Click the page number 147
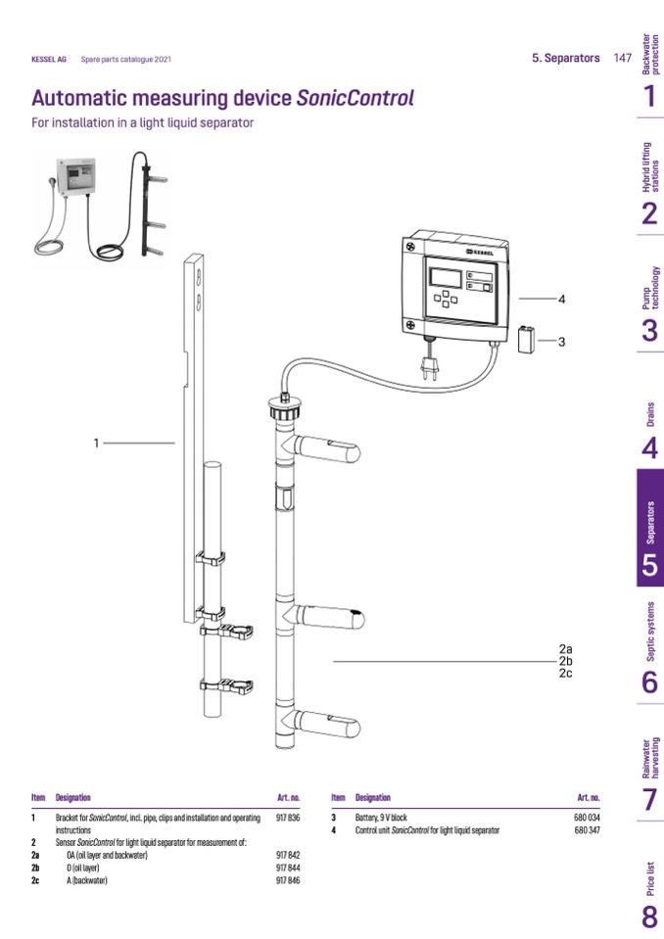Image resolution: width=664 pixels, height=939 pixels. coord(622,58)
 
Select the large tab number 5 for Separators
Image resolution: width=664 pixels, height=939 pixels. coord(650,565)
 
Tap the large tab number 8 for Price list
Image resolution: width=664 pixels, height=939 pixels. coord(650,917)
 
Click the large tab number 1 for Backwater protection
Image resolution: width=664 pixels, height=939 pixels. coord(649,96)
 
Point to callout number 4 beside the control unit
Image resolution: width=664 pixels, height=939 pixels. coord(562,299)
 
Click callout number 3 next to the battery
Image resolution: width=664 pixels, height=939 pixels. coord(561,342)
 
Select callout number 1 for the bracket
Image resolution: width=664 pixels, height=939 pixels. coord(96,444)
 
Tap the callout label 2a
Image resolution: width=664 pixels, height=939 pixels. coord(565,649)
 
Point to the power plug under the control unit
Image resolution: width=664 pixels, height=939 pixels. coord(427,366)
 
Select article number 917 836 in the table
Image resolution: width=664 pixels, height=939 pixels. coord(288,817)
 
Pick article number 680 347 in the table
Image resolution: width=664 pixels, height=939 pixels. coord(588,829)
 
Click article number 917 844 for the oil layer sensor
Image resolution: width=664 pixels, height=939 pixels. coord(288,868)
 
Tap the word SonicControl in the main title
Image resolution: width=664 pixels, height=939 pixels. coord(355,99)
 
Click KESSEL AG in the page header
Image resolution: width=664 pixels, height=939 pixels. coord(49,60)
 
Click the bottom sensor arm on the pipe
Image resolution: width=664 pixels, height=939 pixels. coord(329,725)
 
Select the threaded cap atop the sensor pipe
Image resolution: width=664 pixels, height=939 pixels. coord(285,404)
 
